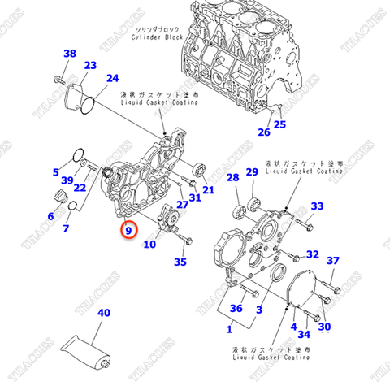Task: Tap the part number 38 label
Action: coord(70,54)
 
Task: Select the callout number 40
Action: coord(103,313)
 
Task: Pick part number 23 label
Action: coord(90,66)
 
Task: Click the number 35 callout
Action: coord(180,262)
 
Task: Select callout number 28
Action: coord(232,178)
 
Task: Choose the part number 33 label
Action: coord(317,206)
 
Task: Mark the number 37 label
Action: coord(332,261)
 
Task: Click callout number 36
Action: coord(236,308)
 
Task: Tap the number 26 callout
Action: coord(263,132)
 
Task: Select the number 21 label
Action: coord(209,190)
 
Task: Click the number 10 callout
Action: coord(149,244)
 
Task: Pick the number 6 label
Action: coord(51,216)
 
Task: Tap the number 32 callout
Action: coord(313,254)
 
